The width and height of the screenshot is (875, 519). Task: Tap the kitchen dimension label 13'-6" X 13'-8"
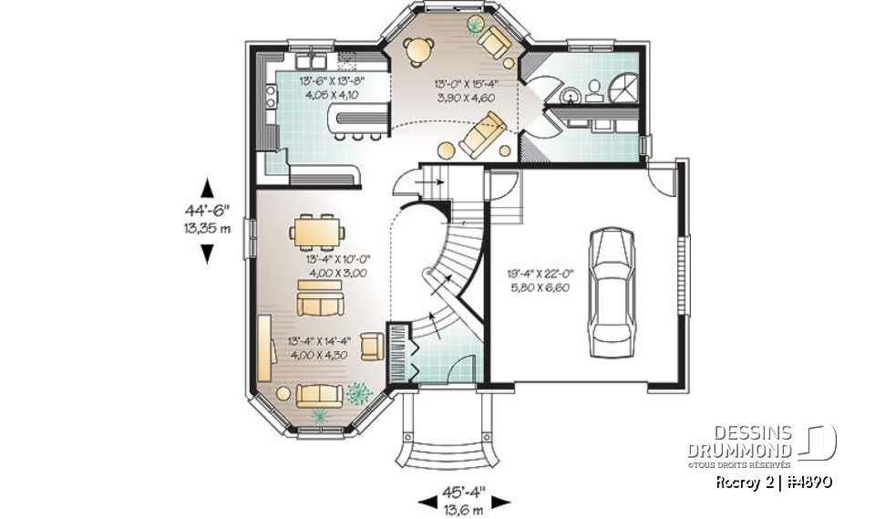tap(333, 86)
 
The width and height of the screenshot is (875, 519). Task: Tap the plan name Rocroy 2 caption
tap(771, 481)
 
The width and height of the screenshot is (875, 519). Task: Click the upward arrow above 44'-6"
tap(208, 188)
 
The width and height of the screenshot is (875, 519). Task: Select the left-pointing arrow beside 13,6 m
tap(426, 501)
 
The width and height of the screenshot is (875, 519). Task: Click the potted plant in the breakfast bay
tap(476, 23)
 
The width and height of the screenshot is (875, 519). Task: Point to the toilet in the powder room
tap(594, 88)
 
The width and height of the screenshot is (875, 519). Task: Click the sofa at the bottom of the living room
tap(319, 394)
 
